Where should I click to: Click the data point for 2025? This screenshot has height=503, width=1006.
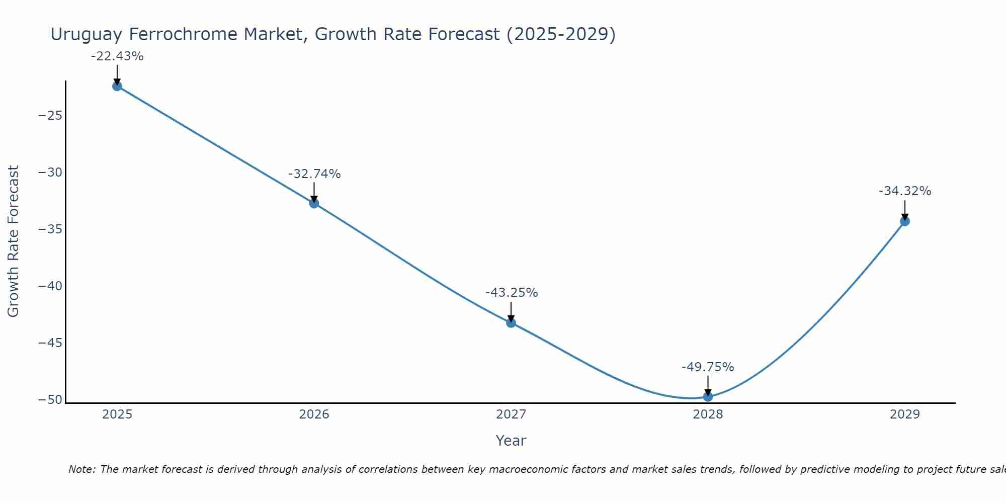(x=117, y=86)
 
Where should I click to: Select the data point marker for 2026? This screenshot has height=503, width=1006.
(x=314, y=203)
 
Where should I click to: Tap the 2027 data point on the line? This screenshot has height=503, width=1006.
(x=511, y=323)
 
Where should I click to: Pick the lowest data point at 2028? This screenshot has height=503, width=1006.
(x=708, y=396)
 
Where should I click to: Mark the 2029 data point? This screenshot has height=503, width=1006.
(x=905, y=221)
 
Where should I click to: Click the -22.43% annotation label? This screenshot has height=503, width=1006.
(x=117, y=56)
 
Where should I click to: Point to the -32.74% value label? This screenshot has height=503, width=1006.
(x=314, y=174)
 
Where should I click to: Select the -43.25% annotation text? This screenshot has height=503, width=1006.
(x=512, y=293)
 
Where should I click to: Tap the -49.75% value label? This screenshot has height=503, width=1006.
(x=708, y=367)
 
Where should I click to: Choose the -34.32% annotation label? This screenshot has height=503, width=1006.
(x=905, y=191)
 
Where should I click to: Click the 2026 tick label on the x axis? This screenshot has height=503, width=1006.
(x=314, y=414)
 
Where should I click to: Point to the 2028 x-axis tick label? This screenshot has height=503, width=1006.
(x=708, y=414)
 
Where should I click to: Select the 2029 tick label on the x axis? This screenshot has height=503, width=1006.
(x=905, y=414)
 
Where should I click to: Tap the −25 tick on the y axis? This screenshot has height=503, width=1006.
(x=50, y=116)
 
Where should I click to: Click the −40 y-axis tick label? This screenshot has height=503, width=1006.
(x=50, y=286)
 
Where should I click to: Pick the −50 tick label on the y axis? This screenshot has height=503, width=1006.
(x=50, y=400)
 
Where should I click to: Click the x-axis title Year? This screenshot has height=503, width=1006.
(x=511, y=441)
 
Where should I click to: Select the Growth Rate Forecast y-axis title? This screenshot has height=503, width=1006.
(x=14, y=241)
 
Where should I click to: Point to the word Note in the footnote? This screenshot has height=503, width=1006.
(x=81, y=469)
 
